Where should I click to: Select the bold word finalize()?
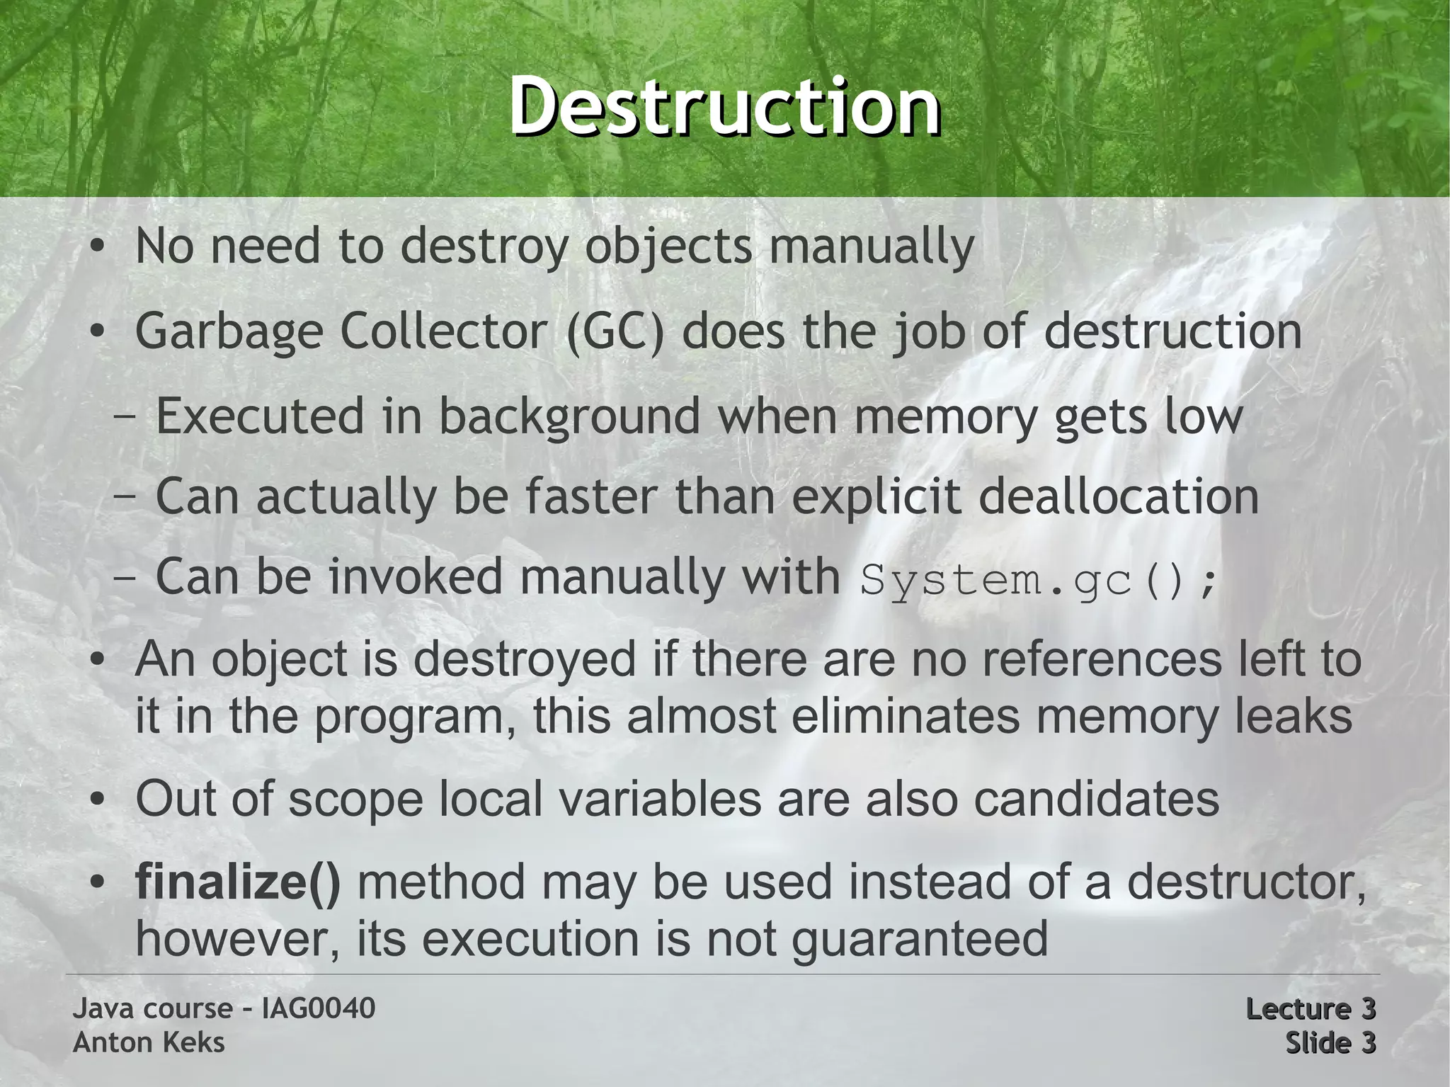coord(238,882)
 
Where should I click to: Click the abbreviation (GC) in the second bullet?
coord(615,331)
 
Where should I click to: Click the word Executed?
coord(260,416)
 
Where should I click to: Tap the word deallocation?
coord(1118,497)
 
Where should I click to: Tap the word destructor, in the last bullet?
coord(1246,882)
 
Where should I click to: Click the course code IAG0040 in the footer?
coord(318,1008)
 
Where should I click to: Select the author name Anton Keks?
coord(149,1042)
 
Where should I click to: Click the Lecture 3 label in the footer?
coord(1310,1008)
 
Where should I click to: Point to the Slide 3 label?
coord(1330,1042)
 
